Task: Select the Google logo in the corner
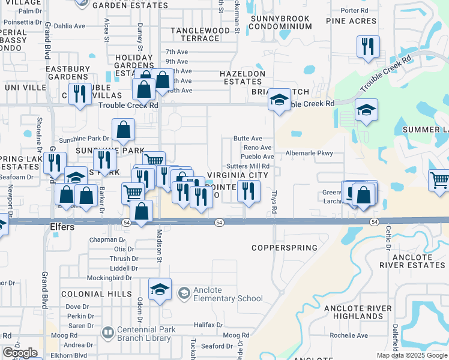(20, 353)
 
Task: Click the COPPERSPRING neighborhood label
(284, 248)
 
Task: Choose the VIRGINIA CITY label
(237, 176)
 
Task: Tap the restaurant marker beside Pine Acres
(367, 47)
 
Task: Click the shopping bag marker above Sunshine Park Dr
(123, 129)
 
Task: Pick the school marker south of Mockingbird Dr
(160, 289)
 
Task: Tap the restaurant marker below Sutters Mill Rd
(249, 191)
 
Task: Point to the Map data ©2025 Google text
(411, 355)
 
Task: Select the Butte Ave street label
(248, 139)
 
